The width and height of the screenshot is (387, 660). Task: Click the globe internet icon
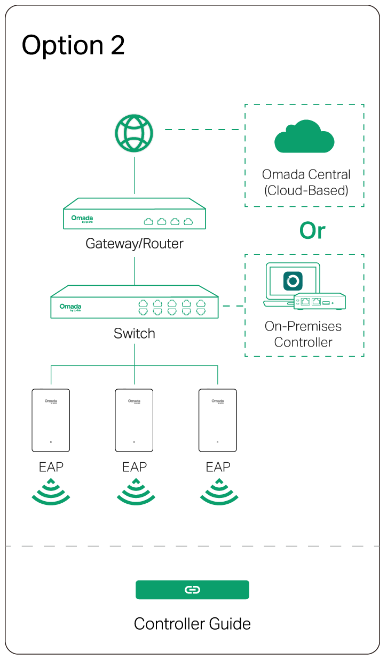134,133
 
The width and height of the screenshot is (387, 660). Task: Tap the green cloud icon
304,137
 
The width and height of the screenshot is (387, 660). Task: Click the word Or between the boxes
312,231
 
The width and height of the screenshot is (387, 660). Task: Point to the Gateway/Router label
135,244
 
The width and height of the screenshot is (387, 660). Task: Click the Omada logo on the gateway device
82,219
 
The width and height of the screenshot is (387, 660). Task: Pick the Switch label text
135,334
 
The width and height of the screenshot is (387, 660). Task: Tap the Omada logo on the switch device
70,307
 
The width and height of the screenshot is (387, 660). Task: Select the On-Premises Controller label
303,334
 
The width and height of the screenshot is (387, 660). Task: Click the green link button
192,590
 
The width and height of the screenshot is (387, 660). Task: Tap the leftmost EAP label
51,467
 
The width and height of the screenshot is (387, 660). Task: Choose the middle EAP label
135,467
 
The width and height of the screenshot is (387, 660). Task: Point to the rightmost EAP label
218,467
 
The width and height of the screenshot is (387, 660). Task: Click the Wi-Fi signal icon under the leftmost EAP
51,493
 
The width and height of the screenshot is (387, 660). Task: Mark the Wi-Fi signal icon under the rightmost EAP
219,493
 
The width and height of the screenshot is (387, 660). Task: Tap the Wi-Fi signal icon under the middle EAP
136,493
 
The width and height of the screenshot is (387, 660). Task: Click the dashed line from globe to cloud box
203,130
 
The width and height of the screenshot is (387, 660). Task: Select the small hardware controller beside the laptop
320,302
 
